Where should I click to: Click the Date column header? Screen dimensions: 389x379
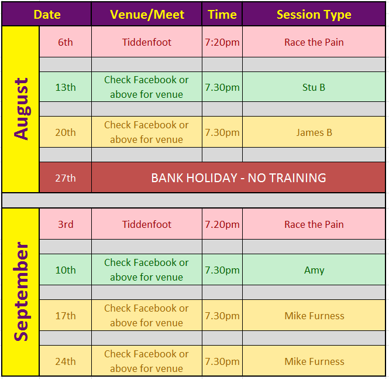[47, 15]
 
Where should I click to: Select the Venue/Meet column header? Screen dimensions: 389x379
[147, 15]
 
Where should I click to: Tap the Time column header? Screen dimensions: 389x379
[222, 15]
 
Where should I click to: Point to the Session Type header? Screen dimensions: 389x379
[314, 15]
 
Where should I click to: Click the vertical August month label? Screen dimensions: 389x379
[21, 109]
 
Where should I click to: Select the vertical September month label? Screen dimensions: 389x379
[21, 292]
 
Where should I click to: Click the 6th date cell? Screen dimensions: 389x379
[66, 42]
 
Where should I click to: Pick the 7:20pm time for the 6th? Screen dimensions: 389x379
[222, 43]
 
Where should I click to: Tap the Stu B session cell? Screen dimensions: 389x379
[314, 87]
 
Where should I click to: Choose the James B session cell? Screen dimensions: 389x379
[314, 132]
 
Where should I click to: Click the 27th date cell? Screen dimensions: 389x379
[66, 178]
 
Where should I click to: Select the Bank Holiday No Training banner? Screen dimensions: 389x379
[239, 178]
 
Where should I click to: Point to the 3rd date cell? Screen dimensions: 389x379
[66, 224]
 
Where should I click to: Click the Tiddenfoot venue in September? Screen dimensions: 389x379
[147, 224]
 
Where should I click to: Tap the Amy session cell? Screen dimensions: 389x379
[314, 270]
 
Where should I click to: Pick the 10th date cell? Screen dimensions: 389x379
[66, 270]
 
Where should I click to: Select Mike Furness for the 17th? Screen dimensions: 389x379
[314, 316]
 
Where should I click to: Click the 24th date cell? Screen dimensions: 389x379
[66, 361]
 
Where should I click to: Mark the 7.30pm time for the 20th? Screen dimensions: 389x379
[222, 132]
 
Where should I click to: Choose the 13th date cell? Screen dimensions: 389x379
[66, 87]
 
